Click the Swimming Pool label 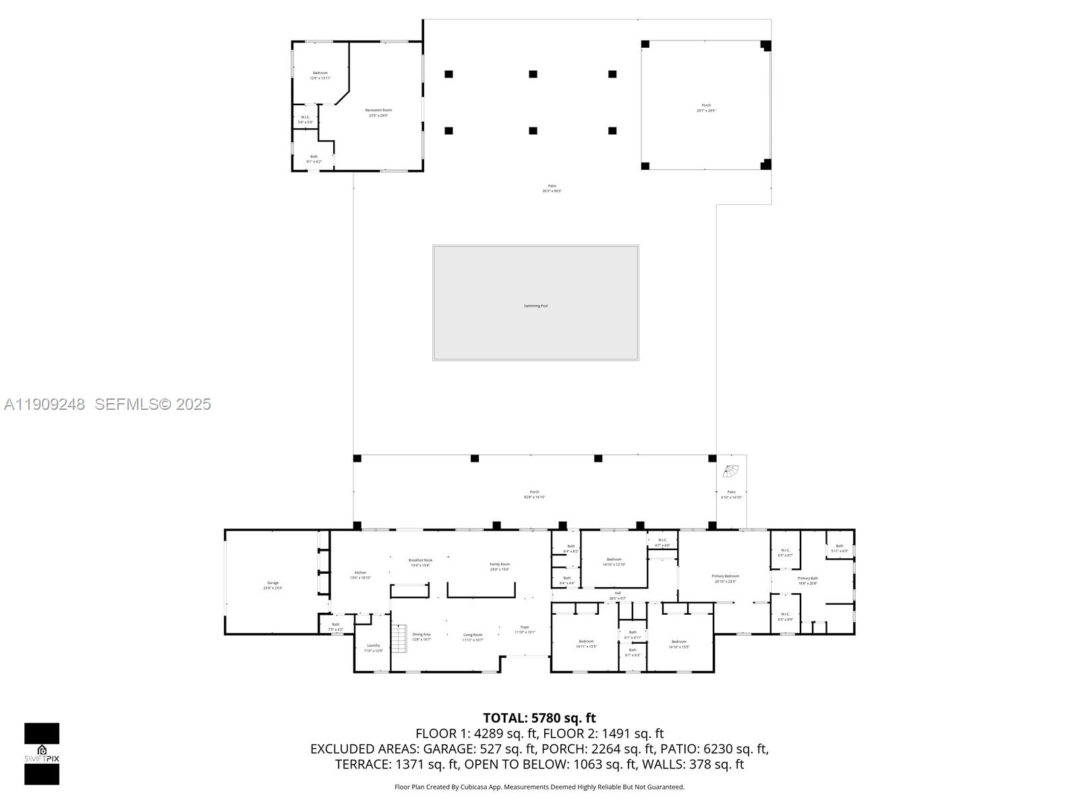click(535, 306)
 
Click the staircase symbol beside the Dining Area click(400, 639)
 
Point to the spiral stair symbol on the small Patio click(730, 471)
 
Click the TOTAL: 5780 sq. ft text click(539, 718)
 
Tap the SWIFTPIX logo click(42, 754)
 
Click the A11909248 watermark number click(45, 404)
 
